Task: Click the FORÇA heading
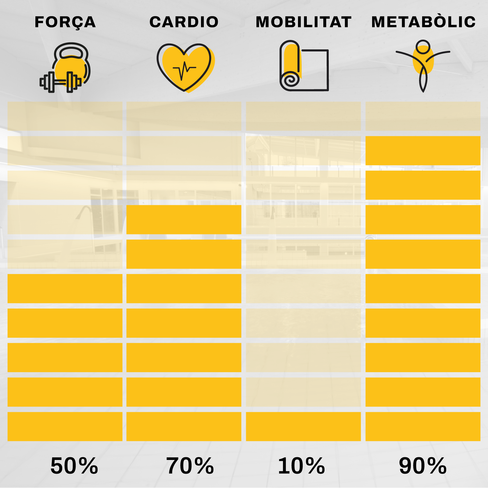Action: pyautogui.click(x=65, y=22)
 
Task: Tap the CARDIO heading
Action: pyautogui.click(x=184, y=22)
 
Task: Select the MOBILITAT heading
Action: pyautogui.click(x=303, y=22)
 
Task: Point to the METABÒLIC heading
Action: pyautogui.click(x=423, y=22)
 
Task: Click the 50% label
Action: pyautogui.click(x=74, y=466)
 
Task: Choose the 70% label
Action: pyautogui.click(x=190, y=466)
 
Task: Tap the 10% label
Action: pyautogui.click(x=301, y=466)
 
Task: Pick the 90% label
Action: pyautogui.click(x=423, y=466)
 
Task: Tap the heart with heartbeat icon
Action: pyautogui.click(x=185, y=68)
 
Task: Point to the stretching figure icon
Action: pyautogui.click(x=423, y=66)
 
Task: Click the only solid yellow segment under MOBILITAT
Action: pyautogui.click(x=303, y=426)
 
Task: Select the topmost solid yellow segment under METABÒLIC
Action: pyautogui.click(x=423, y=151)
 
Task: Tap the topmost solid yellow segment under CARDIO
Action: pyautogui.click(x=184, y=219)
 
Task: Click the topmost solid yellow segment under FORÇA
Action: pyautogui.click(x=65, y=288)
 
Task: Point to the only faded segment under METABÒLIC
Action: pyautogui.click(x=423, y=116)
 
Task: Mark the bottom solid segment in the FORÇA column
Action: pyautogui.click(x=65, y=426)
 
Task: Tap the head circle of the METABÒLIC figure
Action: pyautogui.click(x=423, y=47)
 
